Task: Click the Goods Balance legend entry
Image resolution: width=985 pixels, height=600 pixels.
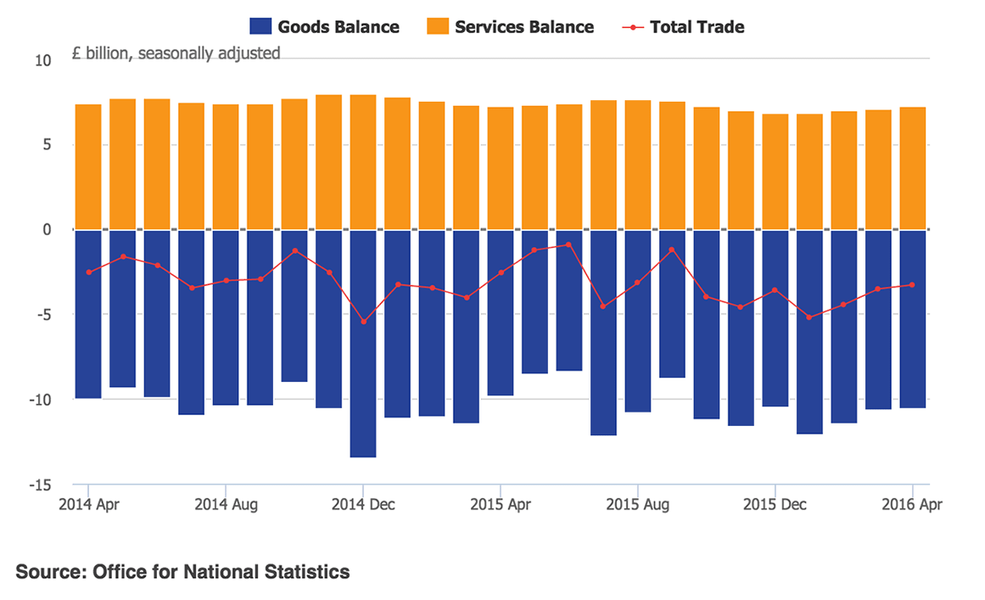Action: click(324, 27)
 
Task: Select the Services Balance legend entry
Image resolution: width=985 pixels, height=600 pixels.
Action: click(509, 27)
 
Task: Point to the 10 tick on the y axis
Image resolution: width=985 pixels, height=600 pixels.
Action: click(43, 60)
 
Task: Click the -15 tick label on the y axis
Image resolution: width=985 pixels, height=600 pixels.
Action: click(40, 485)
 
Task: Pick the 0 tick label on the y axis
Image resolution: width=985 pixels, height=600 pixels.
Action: click(47, 230)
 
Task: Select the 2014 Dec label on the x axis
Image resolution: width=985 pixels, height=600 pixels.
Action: click(363, 504)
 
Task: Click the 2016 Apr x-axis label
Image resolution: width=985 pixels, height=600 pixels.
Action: click(912, 504)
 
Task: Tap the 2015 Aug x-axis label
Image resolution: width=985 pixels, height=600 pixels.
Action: click(637, 504)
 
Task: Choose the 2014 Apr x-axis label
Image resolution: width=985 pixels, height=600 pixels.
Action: click(89, 504)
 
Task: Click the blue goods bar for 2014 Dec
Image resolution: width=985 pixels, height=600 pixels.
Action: click(363, 344)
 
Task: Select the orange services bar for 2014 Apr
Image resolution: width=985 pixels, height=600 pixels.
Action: click(88, 167)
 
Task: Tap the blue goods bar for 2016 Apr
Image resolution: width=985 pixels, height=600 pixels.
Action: click(912, 319)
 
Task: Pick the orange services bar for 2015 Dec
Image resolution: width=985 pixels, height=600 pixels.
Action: click(775, 171)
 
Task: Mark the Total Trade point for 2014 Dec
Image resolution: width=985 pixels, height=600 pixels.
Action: click(363, 322)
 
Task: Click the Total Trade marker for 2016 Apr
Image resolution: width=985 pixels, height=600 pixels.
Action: click(912, 285)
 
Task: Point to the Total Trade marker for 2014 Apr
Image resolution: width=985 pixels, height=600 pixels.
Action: click(88, 272)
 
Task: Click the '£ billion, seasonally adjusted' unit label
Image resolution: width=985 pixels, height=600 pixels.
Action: click(176, 53)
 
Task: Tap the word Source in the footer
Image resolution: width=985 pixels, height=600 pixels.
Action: click(47, 572)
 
